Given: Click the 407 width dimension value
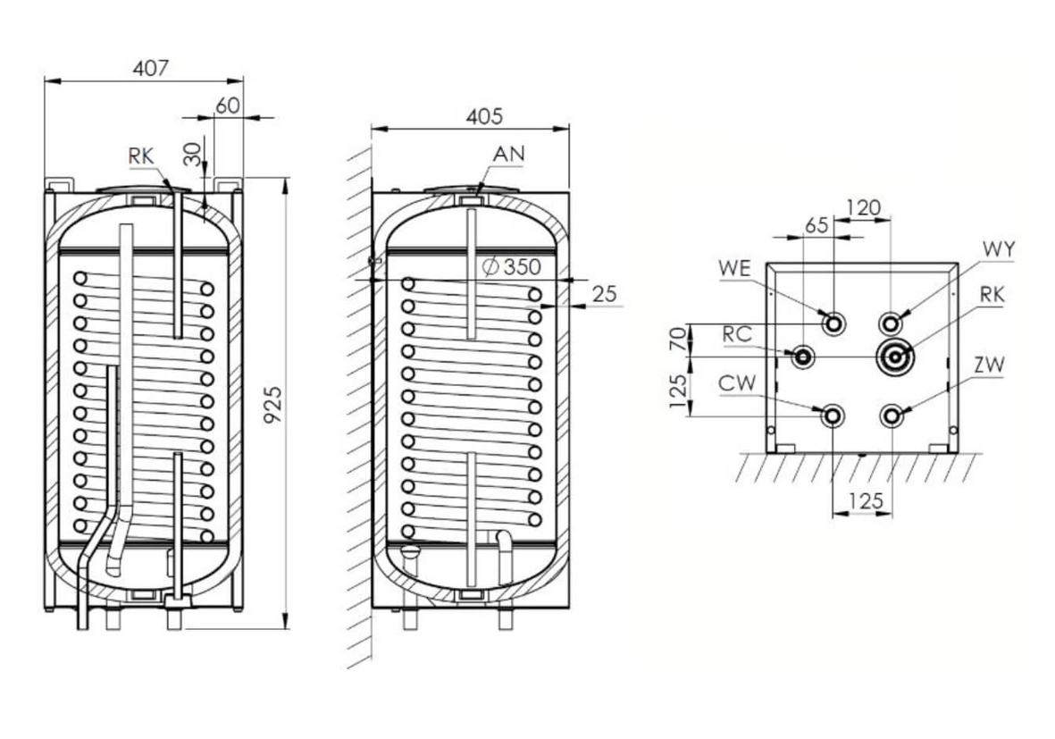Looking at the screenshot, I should (x=150, y=67).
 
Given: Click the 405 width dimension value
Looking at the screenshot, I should (x=484, y=116).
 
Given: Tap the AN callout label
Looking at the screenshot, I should (x=509, y=155).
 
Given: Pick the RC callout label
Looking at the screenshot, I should (x=738, y=333).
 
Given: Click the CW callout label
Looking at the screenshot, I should (x=738, y=382).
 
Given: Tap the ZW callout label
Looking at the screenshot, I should (x=990, y=365).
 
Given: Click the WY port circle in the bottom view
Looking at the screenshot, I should (x=891, y=323).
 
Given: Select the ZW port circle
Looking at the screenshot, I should (x=891, y=416).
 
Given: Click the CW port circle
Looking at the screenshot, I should (x=833, y=416).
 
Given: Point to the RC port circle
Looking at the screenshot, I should (x=803, y=357).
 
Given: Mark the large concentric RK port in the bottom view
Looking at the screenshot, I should (x=893, y=357).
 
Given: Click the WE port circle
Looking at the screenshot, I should (x=833, y=323).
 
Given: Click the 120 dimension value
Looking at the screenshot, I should (x=863, y=208).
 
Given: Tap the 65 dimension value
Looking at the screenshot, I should (x=816, y=225).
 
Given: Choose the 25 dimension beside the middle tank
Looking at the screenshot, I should (x=605, y=293).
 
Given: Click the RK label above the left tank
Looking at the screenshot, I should (x=141, y=157).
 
